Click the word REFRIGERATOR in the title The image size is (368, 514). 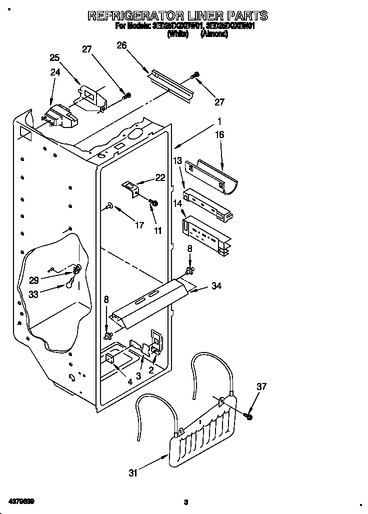click(x=136, y=16)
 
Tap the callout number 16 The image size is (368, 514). click(x=219, y=134)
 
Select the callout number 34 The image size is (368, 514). click(x=216, y=286)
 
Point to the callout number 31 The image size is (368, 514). click(x=132, y=472)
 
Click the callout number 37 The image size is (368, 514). click(x=261, y=386)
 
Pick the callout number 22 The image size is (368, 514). click(x=160, y=177)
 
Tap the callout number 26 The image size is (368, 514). click(x=121, y=45)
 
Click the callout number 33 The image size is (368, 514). click(x=33, y=294)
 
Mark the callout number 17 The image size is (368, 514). click(x=139, y=225)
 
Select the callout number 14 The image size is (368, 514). click(x=177, y=204)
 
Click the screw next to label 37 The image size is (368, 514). click(x=248, y=415)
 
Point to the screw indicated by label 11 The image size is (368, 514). click(x=154, y=202)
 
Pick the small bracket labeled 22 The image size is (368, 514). click(x=131, y=188)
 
